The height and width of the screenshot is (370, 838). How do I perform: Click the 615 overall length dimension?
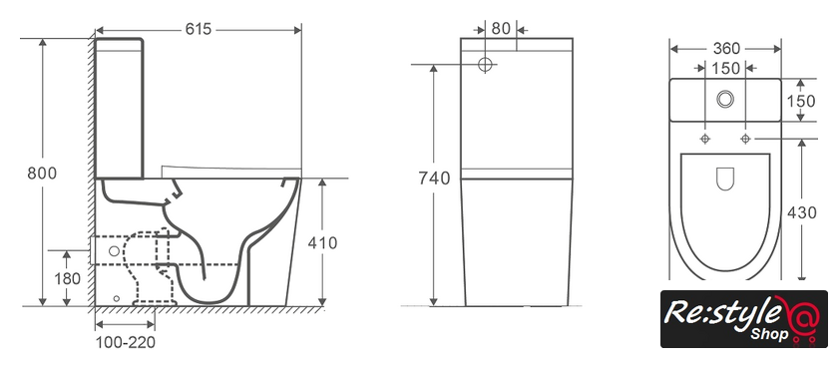(199, 29)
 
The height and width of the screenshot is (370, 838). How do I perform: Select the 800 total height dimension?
(42, 173)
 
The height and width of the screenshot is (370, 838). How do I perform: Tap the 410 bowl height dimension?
(322, 243)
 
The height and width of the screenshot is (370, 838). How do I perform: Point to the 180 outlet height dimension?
(67, 278)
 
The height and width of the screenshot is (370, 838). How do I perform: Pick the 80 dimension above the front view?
(501, 28)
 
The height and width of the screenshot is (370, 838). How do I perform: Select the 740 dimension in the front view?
(434, 179)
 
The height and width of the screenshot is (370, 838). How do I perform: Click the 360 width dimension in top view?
(726, 49)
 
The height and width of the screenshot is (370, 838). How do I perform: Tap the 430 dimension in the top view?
(802, 212)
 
